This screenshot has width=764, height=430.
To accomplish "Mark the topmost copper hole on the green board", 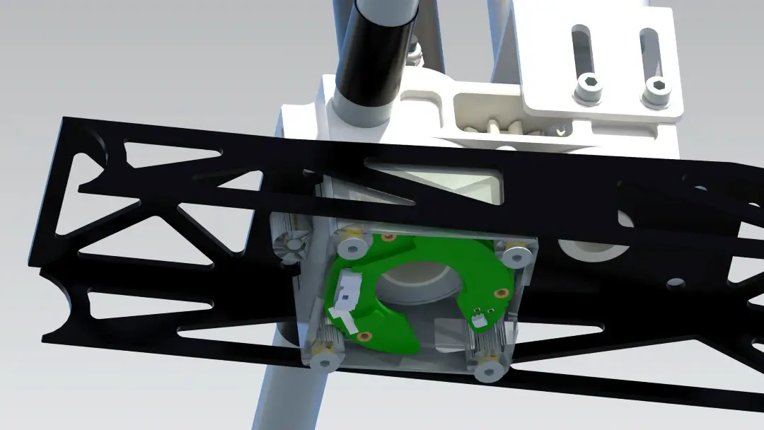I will point(387,236).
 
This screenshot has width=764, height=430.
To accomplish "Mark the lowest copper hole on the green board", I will point(364,336).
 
